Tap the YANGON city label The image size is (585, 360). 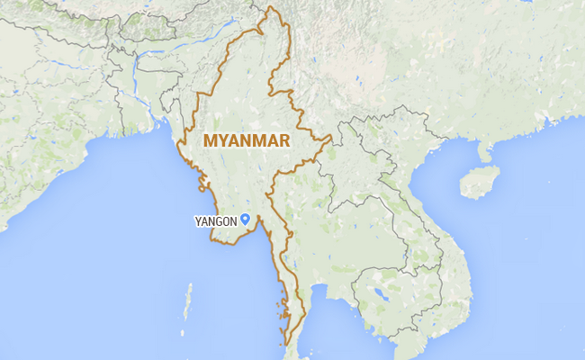pos(215,220)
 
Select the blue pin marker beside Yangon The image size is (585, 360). pos(245,219)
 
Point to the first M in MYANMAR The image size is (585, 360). pos(211,140)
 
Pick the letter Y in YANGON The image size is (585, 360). pos(197,220)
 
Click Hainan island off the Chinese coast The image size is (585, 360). pos(479,182)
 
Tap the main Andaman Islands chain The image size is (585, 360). pos(188,301)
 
